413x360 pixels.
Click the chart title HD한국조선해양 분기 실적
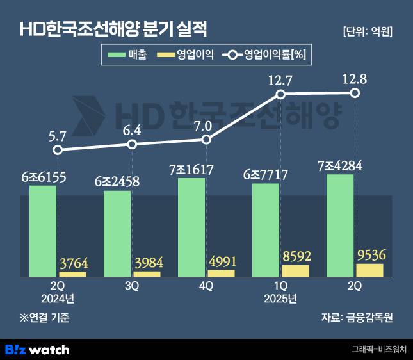[x=115, y=29]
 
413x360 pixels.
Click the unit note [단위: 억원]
[x=368, y=31]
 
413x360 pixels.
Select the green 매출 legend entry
[x=129, y=56]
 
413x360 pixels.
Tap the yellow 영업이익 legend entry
[x=186, y=56]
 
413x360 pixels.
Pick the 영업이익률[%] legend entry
[x=265, y=56]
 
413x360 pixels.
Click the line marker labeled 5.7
[x=58, y=150]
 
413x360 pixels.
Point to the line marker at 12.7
[x=280, y=94]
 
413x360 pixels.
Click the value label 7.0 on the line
[x=206, y=125]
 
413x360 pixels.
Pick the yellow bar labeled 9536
[x=369, y=270]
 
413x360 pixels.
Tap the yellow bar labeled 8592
[x=295, y=271]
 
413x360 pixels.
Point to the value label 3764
[x=72, y=263]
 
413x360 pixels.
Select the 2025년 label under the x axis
[x=280, y=299]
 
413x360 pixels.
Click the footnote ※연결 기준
[x=44, y=317]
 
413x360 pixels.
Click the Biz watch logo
[x=36, y=349]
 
